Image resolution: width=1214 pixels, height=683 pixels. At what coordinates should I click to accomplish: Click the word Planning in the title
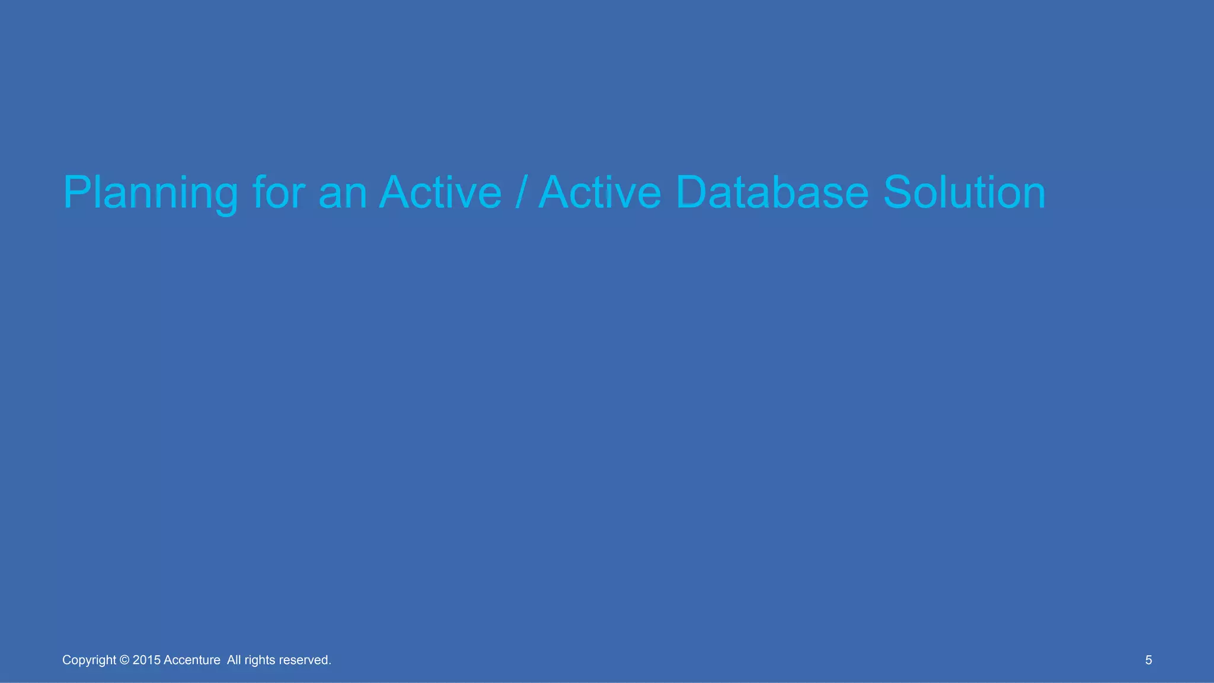pos(150,193)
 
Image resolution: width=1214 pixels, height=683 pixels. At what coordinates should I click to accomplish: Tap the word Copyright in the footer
pos(89,660)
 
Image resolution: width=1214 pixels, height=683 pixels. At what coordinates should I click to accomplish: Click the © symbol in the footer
pos(124,660)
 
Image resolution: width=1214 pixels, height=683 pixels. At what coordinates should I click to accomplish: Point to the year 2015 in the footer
pos(146,660)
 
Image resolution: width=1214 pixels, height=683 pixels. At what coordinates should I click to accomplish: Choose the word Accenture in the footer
pos(191,660)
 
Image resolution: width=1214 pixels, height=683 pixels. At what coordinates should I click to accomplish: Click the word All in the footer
pos(234,660)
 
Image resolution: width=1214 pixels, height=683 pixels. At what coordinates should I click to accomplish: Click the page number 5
pos(1148,660)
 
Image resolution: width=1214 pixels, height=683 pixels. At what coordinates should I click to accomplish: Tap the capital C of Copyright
pos(66,660)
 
